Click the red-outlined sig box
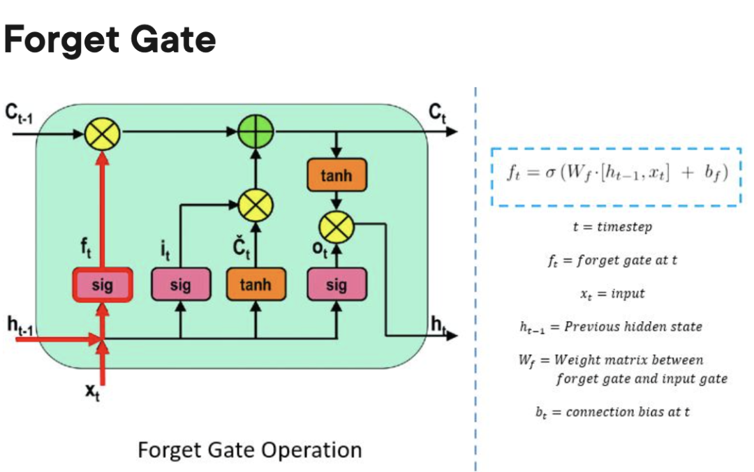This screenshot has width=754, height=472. (103, 285)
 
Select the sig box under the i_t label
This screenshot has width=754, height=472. (180, 285)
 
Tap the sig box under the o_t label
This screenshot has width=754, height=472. (337, 285)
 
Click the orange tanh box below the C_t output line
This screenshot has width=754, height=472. (337, 177)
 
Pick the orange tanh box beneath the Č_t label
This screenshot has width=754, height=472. (256, 285)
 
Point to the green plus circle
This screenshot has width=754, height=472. (256, 131)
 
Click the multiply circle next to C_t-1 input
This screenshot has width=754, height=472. (103, 131)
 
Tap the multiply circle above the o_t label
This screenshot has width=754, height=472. (337, 226)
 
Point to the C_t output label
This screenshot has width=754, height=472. (438, 112)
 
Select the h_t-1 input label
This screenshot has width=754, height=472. (22, 325)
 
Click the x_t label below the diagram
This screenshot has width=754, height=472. (92, 392)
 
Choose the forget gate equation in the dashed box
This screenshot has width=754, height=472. (616, 173)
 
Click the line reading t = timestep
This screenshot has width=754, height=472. (612, 227)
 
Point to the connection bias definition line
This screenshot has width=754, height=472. (612, 412)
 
